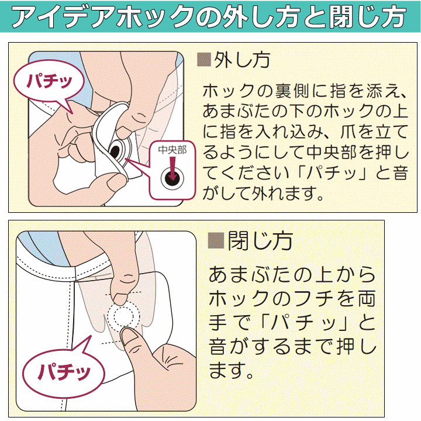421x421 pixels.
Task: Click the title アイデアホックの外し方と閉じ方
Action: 209,16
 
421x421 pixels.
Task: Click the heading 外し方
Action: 241,60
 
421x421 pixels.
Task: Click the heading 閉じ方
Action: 260,241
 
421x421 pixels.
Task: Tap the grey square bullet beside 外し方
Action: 204,60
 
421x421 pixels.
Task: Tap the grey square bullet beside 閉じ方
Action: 216,240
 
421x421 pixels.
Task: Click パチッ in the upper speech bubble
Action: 49,81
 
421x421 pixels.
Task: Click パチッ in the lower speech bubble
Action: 64,371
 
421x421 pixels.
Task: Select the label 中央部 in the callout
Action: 172,150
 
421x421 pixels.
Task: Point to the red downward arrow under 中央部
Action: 172,168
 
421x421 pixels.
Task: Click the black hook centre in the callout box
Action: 172,178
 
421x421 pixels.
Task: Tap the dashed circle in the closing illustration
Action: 124,316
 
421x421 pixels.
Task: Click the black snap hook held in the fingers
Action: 116,152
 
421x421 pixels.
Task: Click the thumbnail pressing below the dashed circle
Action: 128,336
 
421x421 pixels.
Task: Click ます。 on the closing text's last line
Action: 230,371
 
